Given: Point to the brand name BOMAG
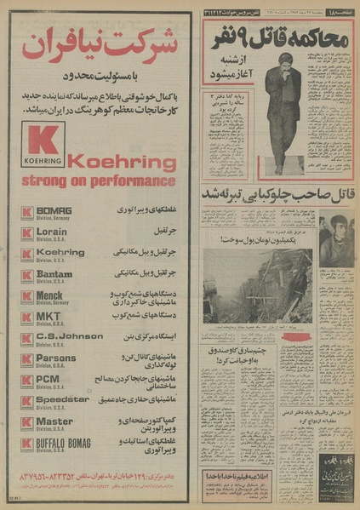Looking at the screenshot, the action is point(54,209).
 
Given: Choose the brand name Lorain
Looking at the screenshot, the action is point(53,231).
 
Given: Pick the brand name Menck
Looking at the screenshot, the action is point(52,295).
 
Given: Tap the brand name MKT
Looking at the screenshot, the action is point(48,316).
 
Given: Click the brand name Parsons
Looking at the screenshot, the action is point(56,358).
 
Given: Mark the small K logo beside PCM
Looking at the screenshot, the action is point(27,380).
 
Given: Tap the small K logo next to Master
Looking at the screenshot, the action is point(27,422).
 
